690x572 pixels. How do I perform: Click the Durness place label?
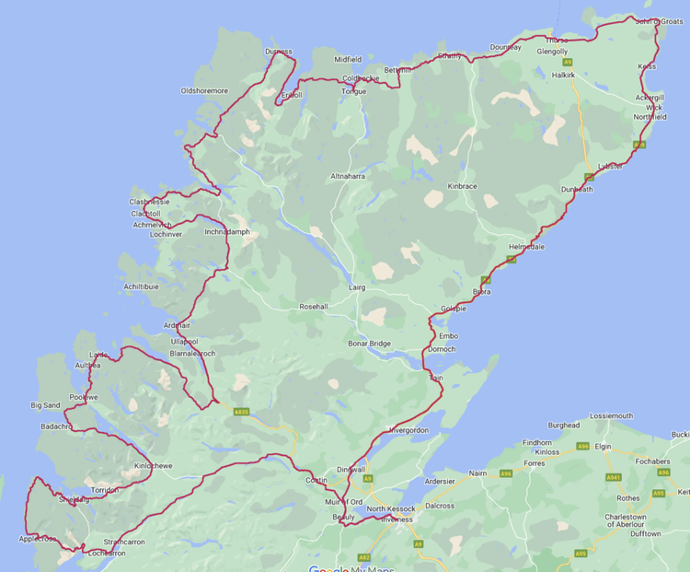(x=278, y=52)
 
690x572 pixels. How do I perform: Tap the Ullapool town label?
(x=184, y=342)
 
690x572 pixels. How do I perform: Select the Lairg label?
(x=357, y=287)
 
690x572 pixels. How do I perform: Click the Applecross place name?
(x=38, y=540)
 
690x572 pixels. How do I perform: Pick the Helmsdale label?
(x=526, y=247)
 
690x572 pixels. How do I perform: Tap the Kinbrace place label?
(x=462, y=186)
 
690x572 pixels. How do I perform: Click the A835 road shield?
(x=242, y=412)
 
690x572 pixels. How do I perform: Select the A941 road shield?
(x=613, y=478)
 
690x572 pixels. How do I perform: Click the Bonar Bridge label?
(x=369, y=344)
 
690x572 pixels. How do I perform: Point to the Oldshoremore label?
(x=204, y=91)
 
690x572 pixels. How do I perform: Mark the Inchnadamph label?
(x=226, y=232)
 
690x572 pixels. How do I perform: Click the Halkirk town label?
(x=564, y=75)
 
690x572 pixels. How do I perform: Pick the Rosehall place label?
(x=314, y=306)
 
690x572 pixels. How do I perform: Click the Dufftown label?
(x=646, y=534)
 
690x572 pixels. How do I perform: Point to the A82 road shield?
(x=364, y=557)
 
